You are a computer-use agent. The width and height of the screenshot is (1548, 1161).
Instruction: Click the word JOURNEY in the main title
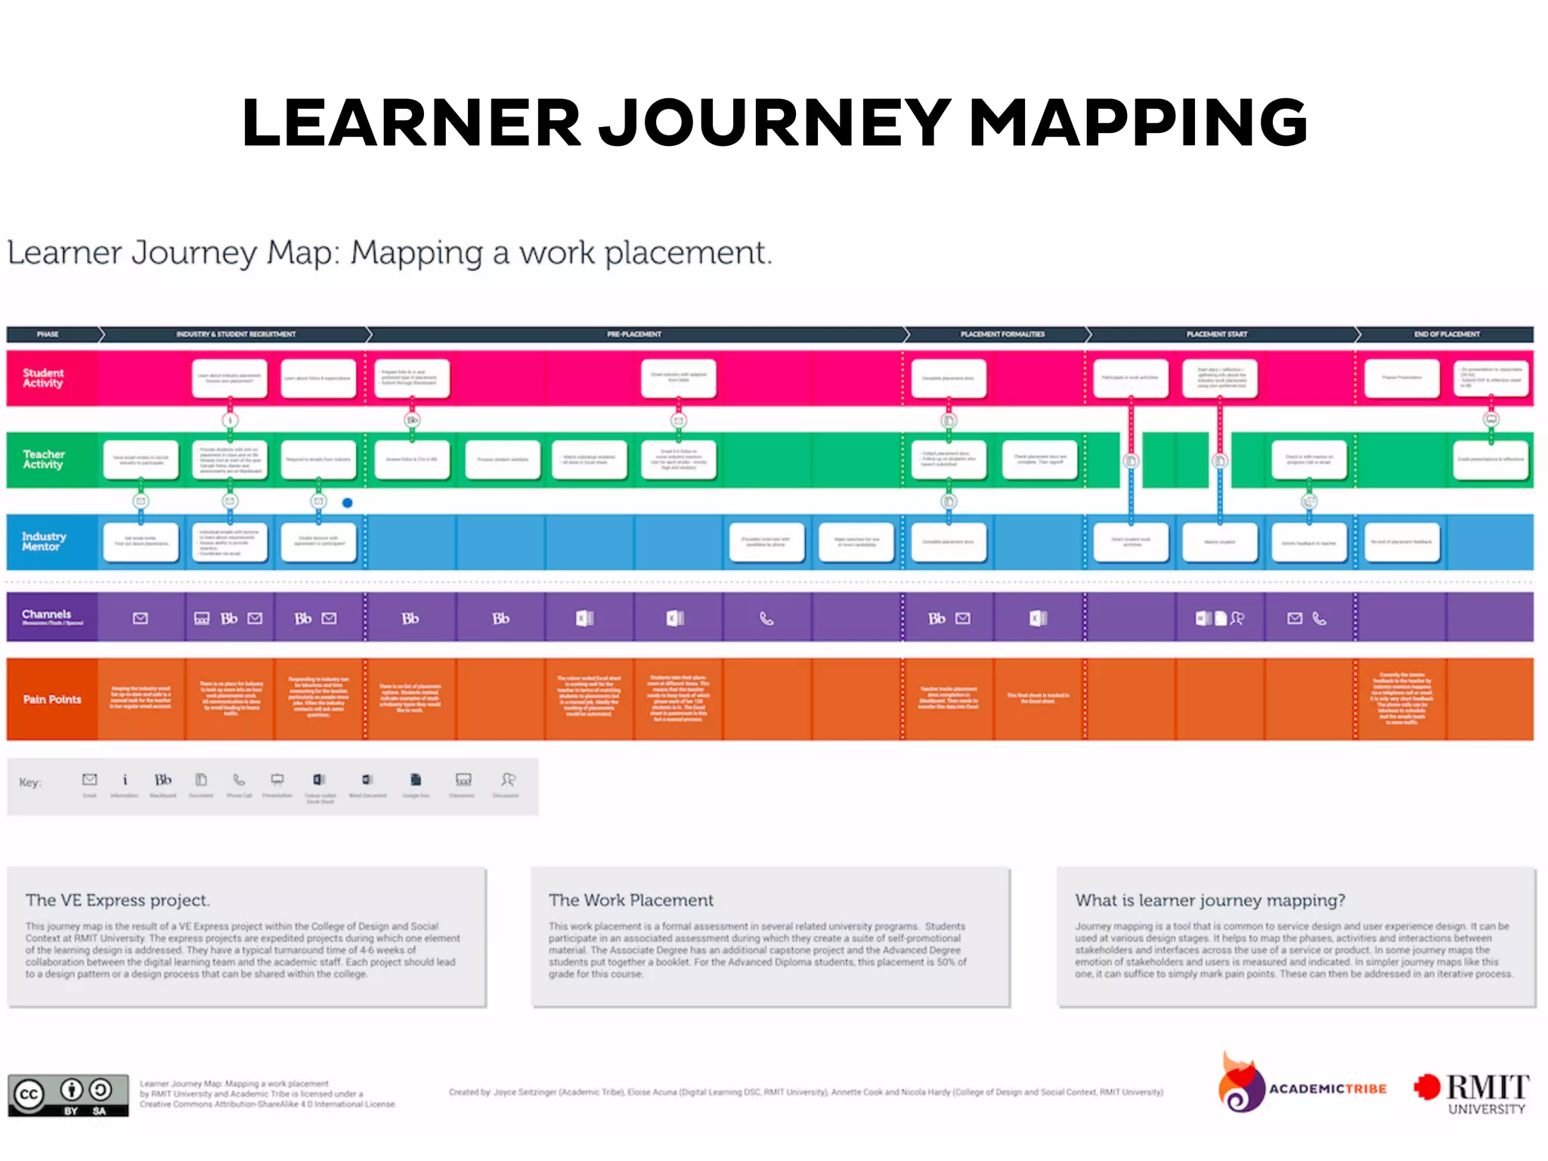pyautogui.click(x=776, y=122)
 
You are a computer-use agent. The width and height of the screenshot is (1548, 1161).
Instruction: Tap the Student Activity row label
pyautogui.click(x=43, y=378)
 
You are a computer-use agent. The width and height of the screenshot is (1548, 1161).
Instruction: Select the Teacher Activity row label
pyautogui.click(x=44, y=460)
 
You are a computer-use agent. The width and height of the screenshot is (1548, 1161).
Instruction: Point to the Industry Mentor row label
pyautogui.click(x=44, y=541)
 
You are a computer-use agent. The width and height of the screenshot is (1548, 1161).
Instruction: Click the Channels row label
pyautogui.click(x=47, y=615)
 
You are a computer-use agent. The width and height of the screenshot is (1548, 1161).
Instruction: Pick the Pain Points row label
pyautogui.click(x=51, y=699)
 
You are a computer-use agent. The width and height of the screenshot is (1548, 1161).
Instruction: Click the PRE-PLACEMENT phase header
pyautogui.click(x=633, y=334)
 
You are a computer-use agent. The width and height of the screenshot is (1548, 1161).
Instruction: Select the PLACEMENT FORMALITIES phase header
pyautogui.click(x=1002, y=334)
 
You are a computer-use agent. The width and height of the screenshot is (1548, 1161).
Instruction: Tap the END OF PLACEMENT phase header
pyautogui.click(x=1447, y=334)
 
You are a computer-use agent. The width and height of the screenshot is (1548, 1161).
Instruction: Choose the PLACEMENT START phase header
pyautogui.click(x=1217, y=334)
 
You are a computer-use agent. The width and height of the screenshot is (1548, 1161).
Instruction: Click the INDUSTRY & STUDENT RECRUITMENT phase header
pyautogui.click(x=236, y=334)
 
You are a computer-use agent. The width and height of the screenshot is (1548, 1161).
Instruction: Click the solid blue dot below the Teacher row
pyautogui.click(x=348, y=503)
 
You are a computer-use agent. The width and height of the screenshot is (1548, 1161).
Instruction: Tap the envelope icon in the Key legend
pyautogui.click(x=89, y=779)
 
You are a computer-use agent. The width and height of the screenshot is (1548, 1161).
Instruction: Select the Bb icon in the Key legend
pyautogui.click(x=163, y=779)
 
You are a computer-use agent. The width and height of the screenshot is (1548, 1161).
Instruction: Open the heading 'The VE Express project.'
pyautogui.click(x=118, y=900)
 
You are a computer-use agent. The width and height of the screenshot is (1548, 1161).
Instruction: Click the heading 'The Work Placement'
pyautogui.click(x=631, y=900)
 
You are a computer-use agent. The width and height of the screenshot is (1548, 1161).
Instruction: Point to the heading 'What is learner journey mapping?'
pyautogui.click(x=1210, y=900)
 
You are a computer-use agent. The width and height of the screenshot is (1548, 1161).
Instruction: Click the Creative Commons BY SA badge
pyautogui.click(x=68, y=1095)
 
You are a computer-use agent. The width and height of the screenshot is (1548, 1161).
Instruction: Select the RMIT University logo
pyautogui.click(x=1472, y=1093)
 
